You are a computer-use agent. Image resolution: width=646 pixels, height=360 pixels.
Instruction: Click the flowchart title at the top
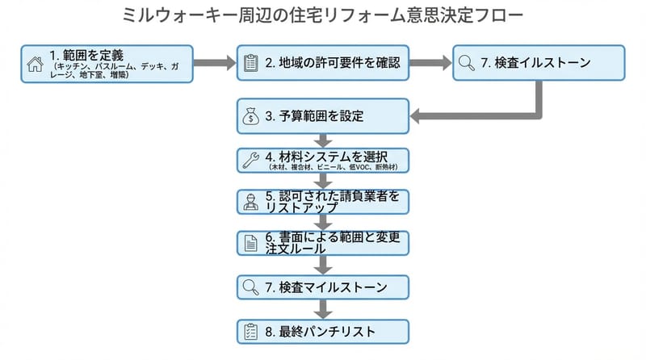pos(323,16)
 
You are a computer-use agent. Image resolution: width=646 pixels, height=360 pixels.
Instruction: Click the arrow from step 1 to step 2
pos(214,63)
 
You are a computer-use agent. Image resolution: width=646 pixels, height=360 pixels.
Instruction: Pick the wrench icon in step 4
pos(250,159)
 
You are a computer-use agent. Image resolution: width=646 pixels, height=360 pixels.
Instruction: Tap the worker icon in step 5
pos(250,202)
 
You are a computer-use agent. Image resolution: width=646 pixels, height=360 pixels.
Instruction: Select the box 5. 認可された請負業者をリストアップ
pos(323,202)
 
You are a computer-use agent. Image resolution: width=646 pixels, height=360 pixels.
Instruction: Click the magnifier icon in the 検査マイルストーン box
pos(250,287)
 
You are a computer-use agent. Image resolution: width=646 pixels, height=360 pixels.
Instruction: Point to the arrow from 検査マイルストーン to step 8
pos(323,308)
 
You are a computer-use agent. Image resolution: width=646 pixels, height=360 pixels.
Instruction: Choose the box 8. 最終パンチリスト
pos(323,331)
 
